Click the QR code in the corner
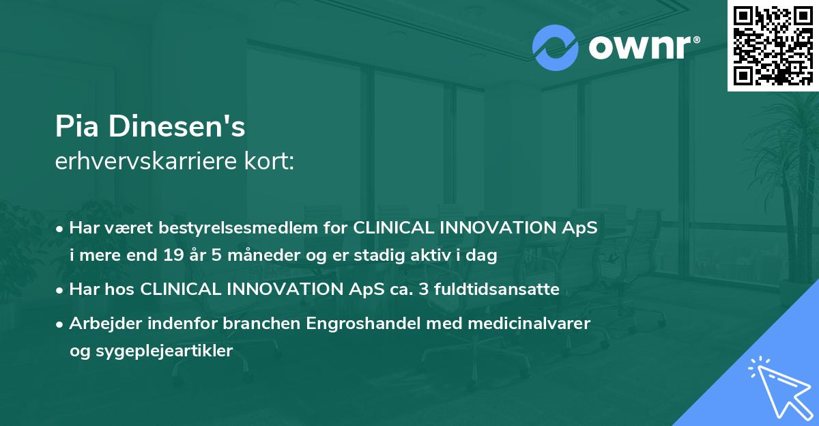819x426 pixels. (x=773, y=45)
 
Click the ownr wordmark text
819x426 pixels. (x=642, y=48)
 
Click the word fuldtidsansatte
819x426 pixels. (x=491, y=289)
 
